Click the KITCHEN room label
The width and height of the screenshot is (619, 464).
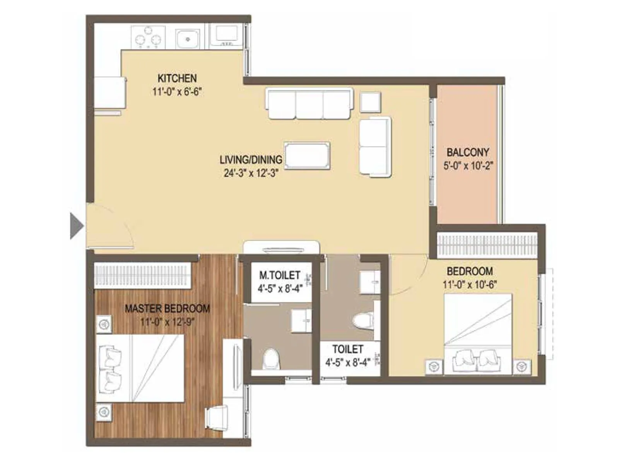click(x=177, y=78)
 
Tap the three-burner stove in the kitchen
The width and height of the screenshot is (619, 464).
click(x=148, y=38)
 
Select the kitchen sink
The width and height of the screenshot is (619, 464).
click(x=188, y=39)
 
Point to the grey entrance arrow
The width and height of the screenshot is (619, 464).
click(x=76, y=226)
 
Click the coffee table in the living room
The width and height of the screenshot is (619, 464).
click(x=307, y=155)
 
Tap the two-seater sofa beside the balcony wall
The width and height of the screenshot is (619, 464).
click(x=374, y=147)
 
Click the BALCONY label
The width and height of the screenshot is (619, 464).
click(x=468, y=152)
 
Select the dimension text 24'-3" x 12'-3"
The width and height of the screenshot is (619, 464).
click(x=251, y=173)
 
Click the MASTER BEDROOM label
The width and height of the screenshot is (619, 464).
click(x=167, y=309)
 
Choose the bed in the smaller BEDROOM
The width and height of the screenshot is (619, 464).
click(x=478, y=334)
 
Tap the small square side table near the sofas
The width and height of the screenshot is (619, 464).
click(x=370, y=102)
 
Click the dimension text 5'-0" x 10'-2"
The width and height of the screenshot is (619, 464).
click(x=468, y=166)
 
